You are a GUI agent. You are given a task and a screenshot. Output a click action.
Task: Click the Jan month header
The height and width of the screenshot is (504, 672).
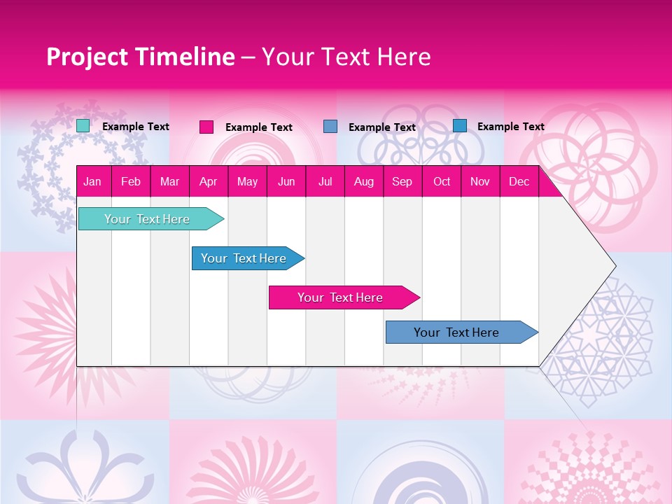coord(92,182)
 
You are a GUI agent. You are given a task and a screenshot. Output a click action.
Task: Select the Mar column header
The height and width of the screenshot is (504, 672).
coord(169,182)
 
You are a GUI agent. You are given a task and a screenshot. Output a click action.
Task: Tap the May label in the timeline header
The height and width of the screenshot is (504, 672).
coord(247,182)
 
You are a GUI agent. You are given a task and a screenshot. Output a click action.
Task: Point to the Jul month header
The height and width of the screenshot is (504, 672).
coord(325,182)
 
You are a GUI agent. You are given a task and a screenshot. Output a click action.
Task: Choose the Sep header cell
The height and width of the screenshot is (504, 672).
coord(402,182)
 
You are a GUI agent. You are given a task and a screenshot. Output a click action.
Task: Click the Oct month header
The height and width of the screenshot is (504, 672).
coord(442,182)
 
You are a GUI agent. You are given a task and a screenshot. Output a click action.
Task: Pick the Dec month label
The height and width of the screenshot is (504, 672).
coord(519,182)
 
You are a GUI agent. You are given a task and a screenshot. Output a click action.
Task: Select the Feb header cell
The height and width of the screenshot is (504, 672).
coord(131,182)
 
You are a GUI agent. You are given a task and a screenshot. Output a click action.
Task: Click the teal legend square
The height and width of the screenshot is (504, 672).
coord(83,126)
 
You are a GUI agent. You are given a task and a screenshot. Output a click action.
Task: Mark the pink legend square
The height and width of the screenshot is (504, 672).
coord(206,127)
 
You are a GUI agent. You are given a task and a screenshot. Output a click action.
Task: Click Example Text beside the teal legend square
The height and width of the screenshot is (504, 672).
coord(136,127)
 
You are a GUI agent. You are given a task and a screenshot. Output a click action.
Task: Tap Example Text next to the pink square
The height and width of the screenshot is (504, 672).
coord(259,127)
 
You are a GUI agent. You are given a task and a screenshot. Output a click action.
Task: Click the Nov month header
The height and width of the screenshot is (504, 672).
coord(480,182)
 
